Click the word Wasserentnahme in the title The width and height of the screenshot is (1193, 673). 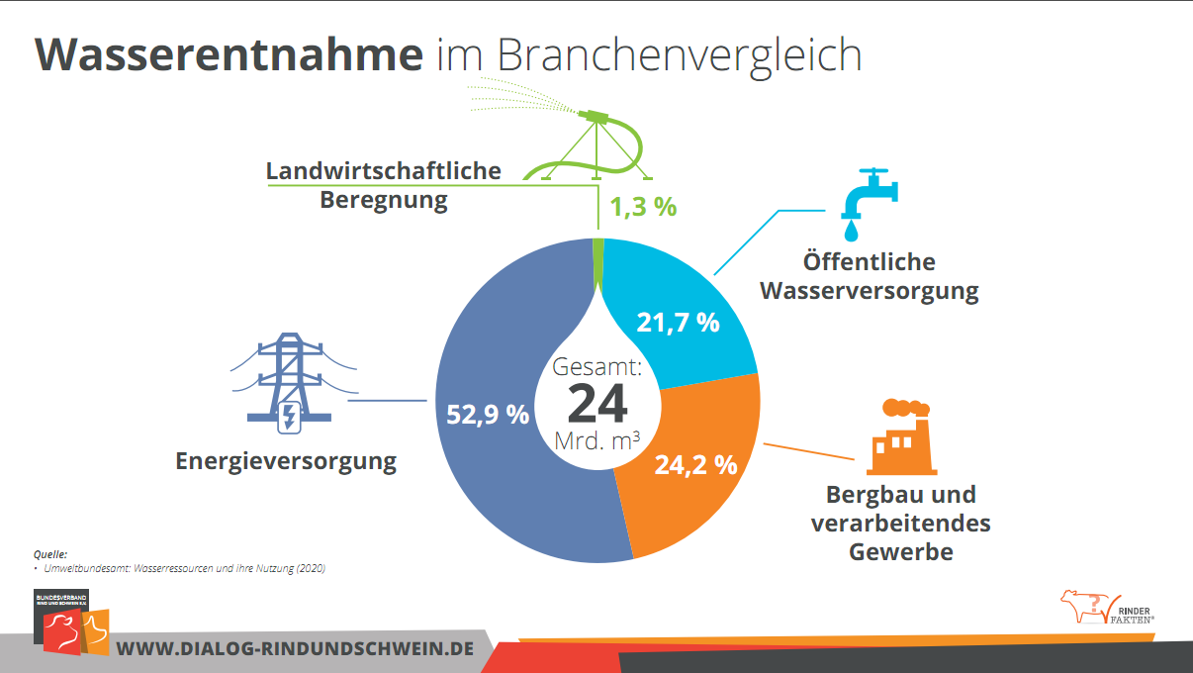click(x=229, y=54)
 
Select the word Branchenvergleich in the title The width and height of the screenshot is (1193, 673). click(x=678, y=56)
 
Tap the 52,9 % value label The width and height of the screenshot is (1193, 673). click(x=488, y=415)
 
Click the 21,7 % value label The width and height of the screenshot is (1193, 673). click(x=678, y=322)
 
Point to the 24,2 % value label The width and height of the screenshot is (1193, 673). click(x=696, y=464)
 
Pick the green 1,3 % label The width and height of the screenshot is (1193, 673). click(x=643, y=208)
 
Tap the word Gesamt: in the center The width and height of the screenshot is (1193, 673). click(x=597, y=367)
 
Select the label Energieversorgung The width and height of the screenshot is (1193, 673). click(x=286, y=461)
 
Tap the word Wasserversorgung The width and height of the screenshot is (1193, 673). click(x=869, y=292)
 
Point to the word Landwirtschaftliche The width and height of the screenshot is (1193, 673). click(x=384, y=171)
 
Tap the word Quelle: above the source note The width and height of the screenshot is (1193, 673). click(x=50, y=554)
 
